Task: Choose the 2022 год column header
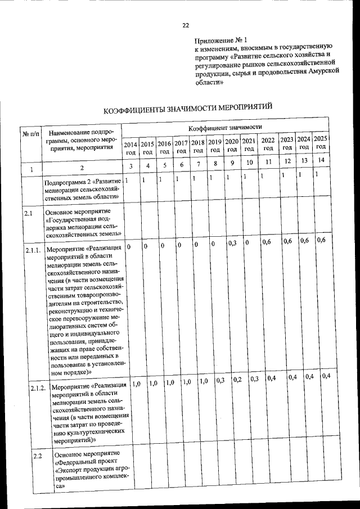268,145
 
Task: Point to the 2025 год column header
321,143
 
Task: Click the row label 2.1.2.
38,388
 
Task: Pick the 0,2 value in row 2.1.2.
237,380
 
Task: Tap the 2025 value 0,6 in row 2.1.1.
322,240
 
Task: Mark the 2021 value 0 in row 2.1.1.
247,242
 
